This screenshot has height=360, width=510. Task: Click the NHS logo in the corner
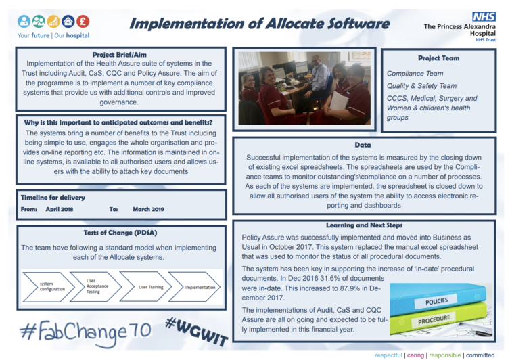click(x=484, y=17)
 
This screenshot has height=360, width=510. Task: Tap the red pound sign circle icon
click(x=83, y=21)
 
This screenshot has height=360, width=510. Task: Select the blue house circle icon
click(x=68, y=21)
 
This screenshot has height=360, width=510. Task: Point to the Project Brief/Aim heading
click(x=119, y=55)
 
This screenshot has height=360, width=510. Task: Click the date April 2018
click(x=60, y=209)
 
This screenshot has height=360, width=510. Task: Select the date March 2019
click(x=148, y=209)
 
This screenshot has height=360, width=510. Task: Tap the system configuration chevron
click(x=49, y=287)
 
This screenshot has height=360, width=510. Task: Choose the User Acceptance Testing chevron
click(x=96, y=287)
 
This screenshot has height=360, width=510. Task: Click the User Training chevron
click(x=145, y=287)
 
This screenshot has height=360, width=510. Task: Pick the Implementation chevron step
click(x=195, y=287)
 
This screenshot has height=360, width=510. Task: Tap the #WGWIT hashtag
click(x=196, y=332)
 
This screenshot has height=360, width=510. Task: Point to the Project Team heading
click(x=438, y=58)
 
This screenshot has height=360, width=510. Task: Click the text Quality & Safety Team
click(x=421, y=86)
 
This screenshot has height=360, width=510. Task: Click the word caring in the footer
click(x=415, y=355)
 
